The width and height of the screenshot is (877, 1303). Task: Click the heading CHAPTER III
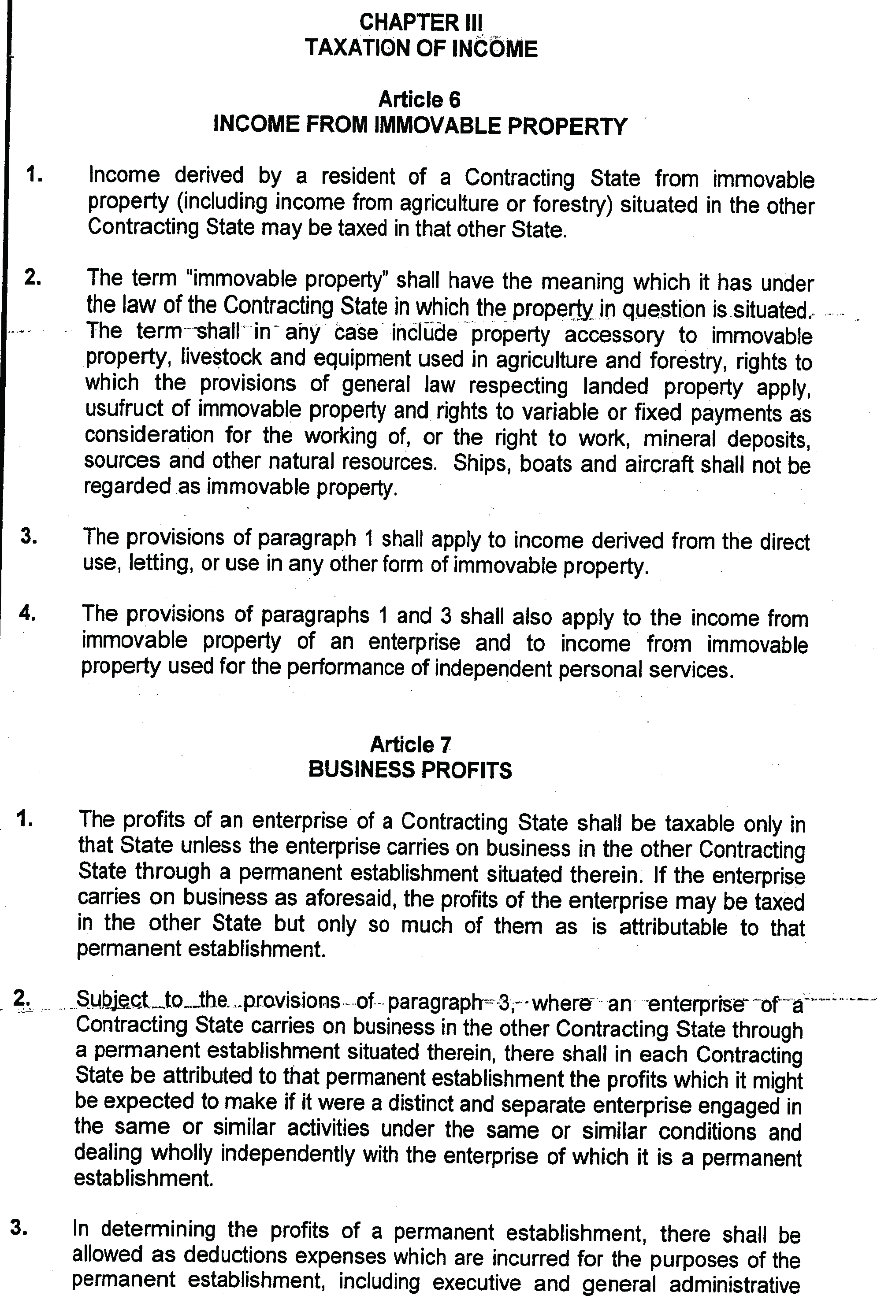pos(420,23)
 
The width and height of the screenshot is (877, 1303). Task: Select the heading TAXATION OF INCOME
pos(420,48)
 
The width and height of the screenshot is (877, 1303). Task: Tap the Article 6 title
pos(419,100)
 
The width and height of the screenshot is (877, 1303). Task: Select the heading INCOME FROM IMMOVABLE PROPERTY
pos(420,125)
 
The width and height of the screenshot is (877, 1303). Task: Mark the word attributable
pos(674,927)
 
